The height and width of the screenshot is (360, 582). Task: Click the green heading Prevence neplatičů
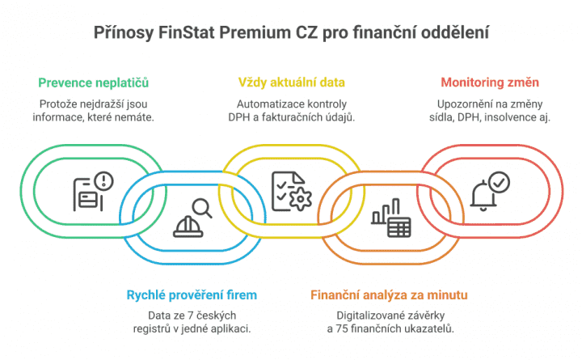(93, 83)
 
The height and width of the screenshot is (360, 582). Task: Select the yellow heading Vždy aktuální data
(291, 83)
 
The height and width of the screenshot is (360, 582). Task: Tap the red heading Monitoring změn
(490, 83)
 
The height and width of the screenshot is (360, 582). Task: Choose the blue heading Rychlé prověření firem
(192, 295)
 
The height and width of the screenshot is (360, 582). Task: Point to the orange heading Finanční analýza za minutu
(389, 295)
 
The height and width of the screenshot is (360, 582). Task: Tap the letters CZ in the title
(306, 32)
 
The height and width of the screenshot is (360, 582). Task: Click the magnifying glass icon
(202, 209)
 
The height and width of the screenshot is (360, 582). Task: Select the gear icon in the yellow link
(300, 199)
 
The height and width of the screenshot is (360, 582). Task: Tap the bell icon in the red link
(483, 196)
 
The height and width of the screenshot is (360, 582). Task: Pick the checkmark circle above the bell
(499, 182)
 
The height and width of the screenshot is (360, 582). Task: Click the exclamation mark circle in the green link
(103, 181)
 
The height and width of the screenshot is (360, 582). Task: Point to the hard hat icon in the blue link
(188, 227)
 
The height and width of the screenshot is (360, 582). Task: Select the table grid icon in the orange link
(399, 227)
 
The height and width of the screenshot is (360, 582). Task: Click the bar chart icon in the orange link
(386, 212)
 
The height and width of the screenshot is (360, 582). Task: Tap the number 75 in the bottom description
(342, 328)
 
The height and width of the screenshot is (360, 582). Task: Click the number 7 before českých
(191, 316)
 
